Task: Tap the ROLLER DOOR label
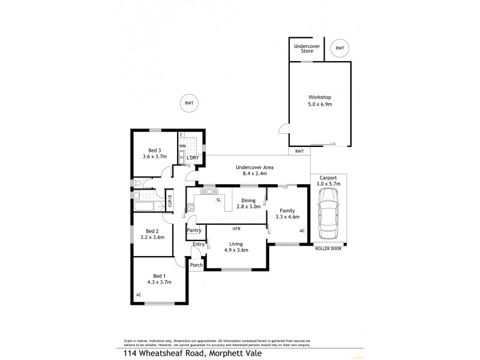328,249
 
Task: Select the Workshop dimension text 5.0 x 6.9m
320,104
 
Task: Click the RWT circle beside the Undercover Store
340,48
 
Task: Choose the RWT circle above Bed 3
189,103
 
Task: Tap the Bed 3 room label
154,150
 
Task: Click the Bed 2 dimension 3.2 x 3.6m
152,237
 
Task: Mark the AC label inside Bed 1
138,295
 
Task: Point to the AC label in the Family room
301,230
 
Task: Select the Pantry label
194,230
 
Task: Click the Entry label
198,244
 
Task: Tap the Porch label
196,265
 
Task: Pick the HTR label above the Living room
236,229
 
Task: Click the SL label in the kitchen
219,199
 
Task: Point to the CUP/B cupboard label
170,200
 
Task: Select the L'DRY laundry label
193,158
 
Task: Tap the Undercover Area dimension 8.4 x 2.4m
255,173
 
